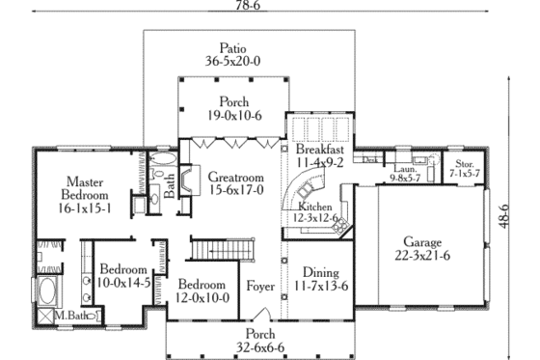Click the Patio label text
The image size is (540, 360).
pyautogui.click(x=231, y=47)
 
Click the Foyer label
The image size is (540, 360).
pyautogui.click(x=260, y=287)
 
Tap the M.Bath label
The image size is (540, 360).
pyautogui.click(x=71, y=316)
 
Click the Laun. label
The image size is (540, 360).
pyautogui.click(x=402, y=168)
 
